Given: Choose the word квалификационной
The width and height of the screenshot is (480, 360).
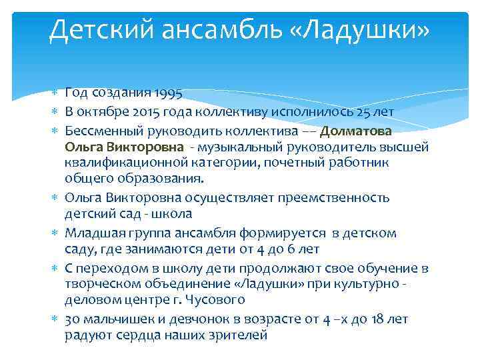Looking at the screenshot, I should click(123, 162).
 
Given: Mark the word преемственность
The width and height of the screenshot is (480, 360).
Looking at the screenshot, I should click(336, 198).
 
